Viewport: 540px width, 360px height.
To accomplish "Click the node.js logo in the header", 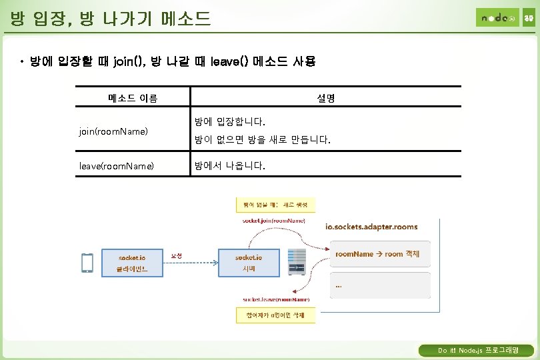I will [497, 17].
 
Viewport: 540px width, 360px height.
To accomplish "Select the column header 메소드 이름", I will [133, 98].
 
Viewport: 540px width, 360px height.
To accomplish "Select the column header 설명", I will [326, 98].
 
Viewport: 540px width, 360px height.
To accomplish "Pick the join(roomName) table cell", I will [113, 132].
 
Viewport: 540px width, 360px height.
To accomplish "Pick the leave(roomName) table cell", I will [116, 165].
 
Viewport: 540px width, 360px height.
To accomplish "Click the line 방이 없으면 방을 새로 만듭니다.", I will [262, 141].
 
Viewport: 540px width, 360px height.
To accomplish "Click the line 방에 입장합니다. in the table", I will [229, 123].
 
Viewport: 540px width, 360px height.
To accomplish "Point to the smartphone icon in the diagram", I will [87, 263].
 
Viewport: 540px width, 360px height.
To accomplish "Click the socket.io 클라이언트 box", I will [132, 263].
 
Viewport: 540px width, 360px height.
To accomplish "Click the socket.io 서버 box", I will [249, 263].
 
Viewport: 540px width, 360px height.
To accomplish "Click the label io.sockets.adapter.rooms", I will [371, 227].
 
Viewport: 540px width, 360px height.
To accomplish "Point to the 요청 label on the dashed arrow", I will [177, 255].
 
